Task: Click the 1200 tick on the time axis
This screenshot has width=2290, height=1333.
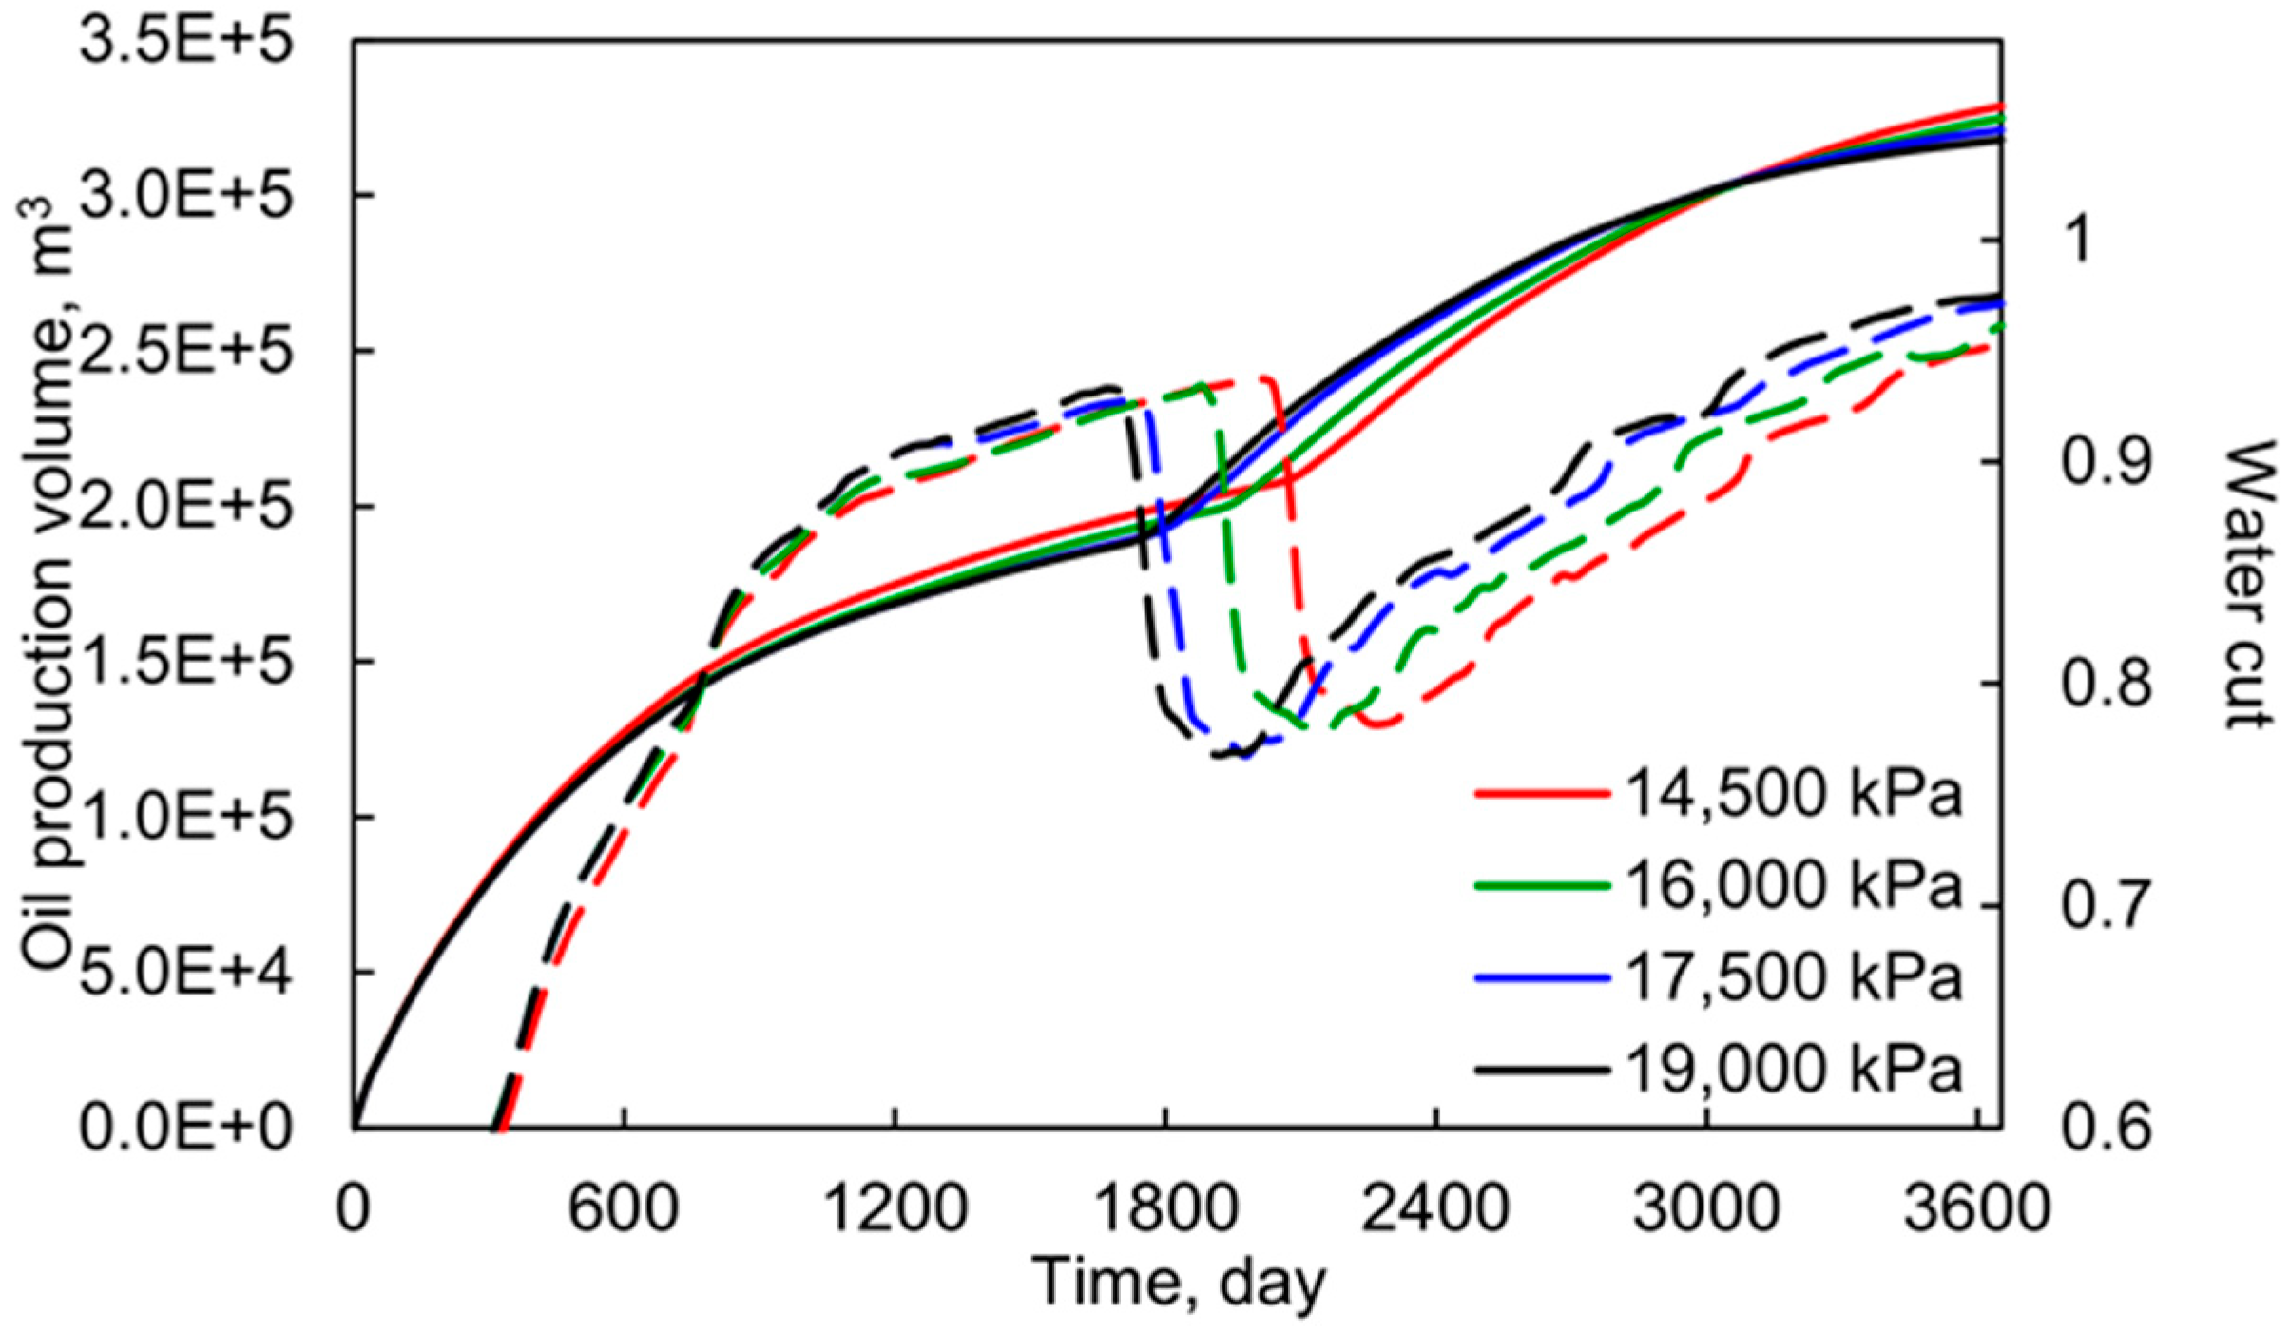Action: click(x=895, y=1208)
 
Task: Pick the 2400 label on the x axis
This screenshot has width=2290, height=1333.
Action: click(x=1435, y=1208)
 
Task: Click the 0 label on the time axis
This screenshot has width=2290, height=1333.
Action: click(x=354, y=1208)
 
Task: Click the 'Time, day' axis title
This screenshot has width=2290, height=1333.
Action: click(x=1179, y=1283)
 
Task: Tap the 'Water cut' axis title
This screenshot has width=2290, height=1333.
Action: click(x=2251, y=584)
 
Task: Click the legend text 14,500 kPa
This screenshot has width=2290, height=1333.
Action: click(x=1793, y=792)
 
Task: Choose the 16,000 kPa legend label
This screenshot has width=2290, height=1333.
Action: click(x=1793, y=885)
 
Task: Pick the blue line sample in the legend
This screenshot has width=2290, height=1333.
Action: click(x=1542, y=977)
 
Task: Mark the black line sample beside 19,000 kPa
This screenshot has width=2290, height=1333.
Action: click(x=1542, y=1070)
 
